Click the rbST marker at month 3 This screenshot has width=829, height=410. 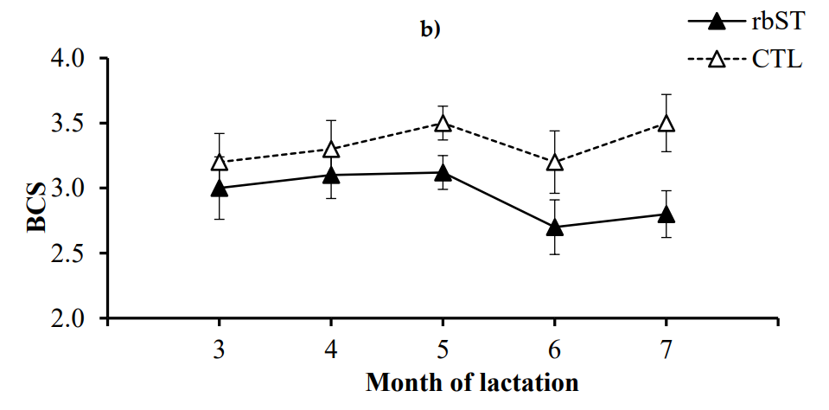click(x=219, y=188)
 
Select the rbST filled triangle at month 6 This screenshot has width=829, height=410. click(x=553, y=227)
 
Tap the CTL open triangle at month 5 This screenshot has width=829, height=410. click(x=443, y=123)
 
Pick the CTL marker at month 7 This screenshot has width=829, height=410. click(x=666, y=123)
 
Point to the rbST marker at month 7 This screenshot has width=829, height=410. click(x=666, y=214)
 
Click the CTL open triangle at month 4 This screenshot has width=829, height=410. click(x=331, y=149)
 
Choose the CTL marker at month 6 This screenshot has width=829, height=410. click(x=553, y=162)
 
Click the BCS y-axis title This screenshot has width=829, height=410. click(x=35, y=210)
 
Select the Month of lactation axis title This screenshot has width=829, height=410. click(x=471, y=381)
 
